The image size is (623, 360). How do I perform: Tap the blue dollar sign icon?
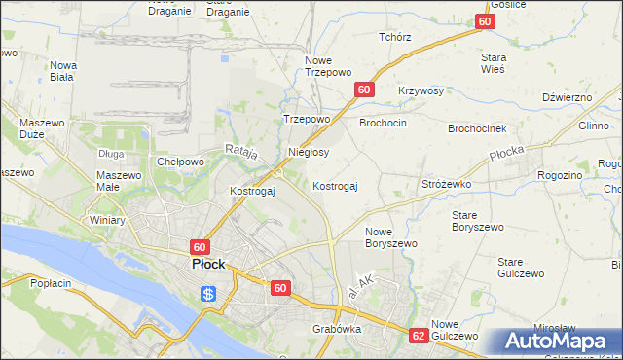(x=208, y=293)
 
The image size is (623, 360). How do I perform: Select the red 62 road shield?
(x=419, y=334)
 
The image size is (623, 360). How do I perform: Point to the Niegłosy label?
(x=310, y=153)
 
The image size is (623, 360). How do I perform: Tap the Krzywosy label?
(x=421, y=90)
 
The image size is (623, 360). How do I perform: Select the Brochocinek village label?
(x=476, y=128)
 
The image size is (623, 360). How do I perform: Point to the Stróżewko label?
(x=446, y=183)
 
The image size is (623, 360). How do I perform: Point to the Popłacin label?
(x=52, y=283)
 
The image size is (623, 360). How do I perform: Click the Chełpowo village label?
(x=180, y=162)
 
